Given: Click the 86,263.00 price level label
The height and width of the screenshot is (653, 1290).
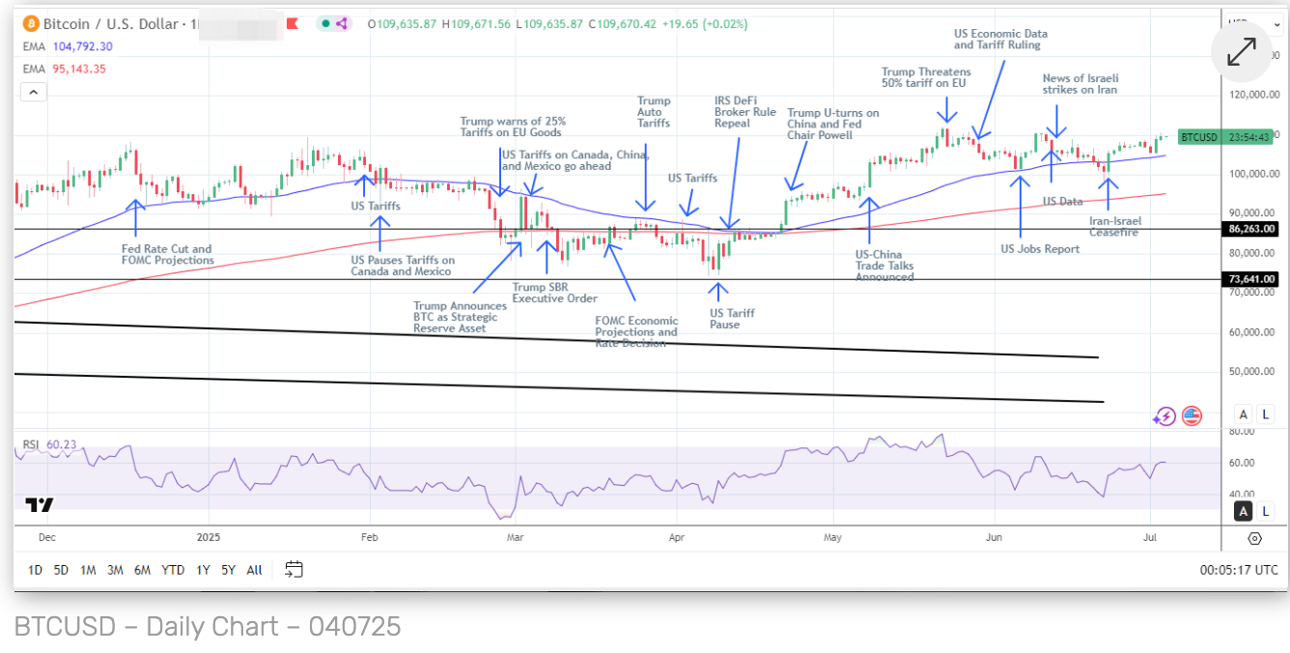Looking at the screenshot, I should point(1250,229).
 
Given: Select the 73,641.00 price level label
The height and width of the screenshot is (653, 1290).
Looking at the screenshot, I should point(1250,279).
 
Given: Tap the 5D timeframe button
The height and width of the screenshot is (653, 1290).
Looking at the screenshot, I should point(61,570).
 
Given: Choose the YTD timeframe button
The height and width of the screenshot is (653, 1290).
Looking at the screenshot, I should point(173,570).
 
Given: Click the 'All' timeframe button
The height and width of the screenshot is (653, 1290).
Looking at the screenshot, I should point(254,570).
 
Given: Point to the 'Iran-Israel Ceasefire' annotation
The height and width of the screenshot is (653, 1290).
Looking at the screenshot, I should point(1113,227).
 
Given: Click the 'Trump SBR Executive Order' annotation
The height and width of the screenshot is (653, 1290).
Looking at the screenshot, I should point(554,293).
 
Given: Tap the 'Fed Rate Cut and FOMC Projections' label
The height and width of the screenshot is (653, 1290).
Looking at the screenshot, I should point(167,255).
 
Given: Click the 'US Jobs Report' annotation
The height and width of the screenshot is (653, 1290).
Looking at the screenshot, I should point(1040,249).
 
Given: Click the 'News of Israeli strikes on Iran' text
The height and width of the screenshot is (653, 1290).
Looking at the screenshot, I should point(1080,84).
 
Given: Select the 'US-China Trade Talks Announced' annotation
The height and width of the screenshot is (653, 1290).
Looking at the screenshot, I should point(884,266).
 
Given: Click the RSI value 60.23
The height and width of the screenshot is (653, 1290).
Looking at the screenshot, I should point(61,445).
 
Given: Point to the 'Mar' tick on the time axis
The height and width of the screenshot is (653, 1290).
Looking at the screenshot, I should point(515,537).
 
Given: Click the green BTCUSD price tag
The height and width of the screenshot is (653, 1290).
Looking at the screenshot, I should point(1199,137).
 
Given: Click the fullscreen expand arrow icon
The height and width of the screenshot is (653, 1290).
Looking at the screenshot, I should point(1241,52).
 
